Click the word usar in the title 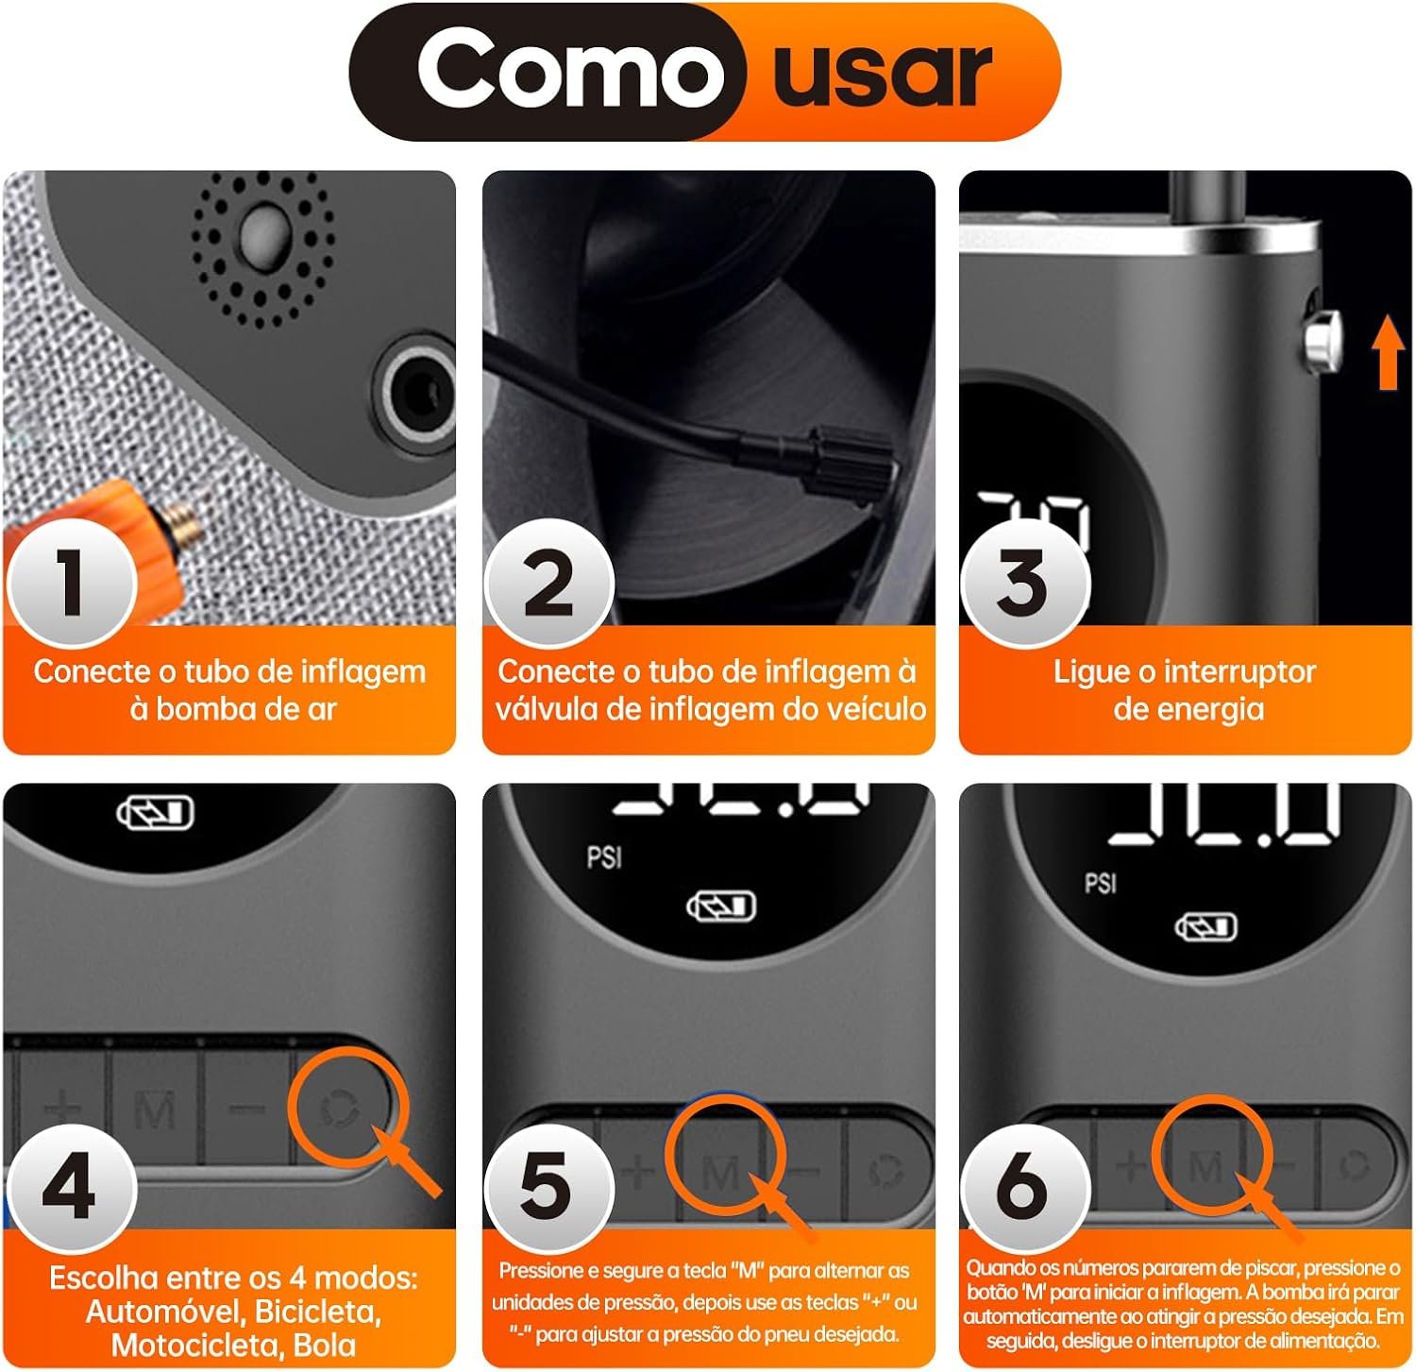pyautogui.click(x=883, y=73)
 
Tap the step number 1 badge pyautogui.click(x=72, y=583)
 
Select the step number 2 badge pyautogui.click(x=548, y=584)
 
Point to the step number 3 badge pyautogui.click(x=1024, y=584)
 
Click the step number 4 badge pyautogui.click(x=71, y=1188)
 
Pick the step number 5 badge pyautogui.click(x=548, y=1188)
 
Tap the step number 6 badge pyautogui.click(x=1024, y=1188)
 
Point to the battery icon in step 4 pyautogui.click(x=156, y=813)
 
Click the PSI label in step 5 pyautogui.click(x=604, y=857)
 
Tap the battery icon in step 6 pyautogui.click(x=1205, y=926)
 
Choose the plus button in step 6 pyautogui.click(x=1131, y=1165)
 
